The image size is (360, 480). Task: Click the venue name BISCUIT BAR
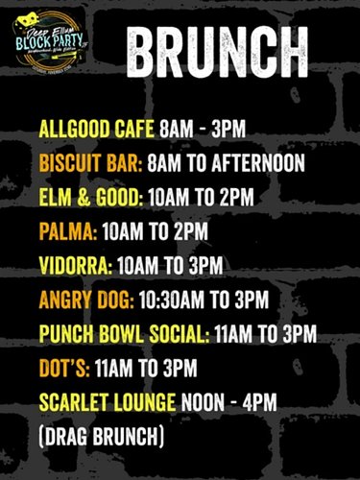[89, 164]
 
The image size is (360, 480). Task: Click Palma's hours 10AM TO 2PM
[156, 231]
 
